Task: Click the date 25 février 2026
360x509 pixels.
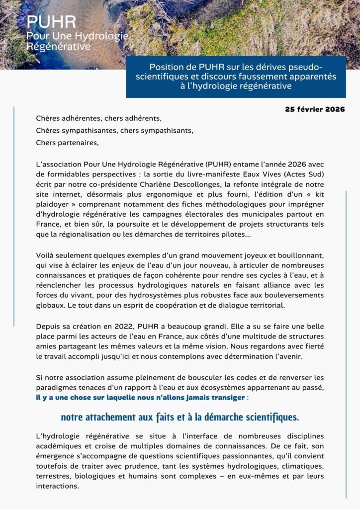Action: (315, 109)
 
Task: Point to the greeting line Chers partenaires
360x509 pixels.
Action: (68, 143)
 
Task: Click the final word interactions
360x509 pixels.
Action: (57, 486)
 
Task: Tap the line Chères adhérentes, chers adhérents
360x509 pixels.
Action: (99, 118)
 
